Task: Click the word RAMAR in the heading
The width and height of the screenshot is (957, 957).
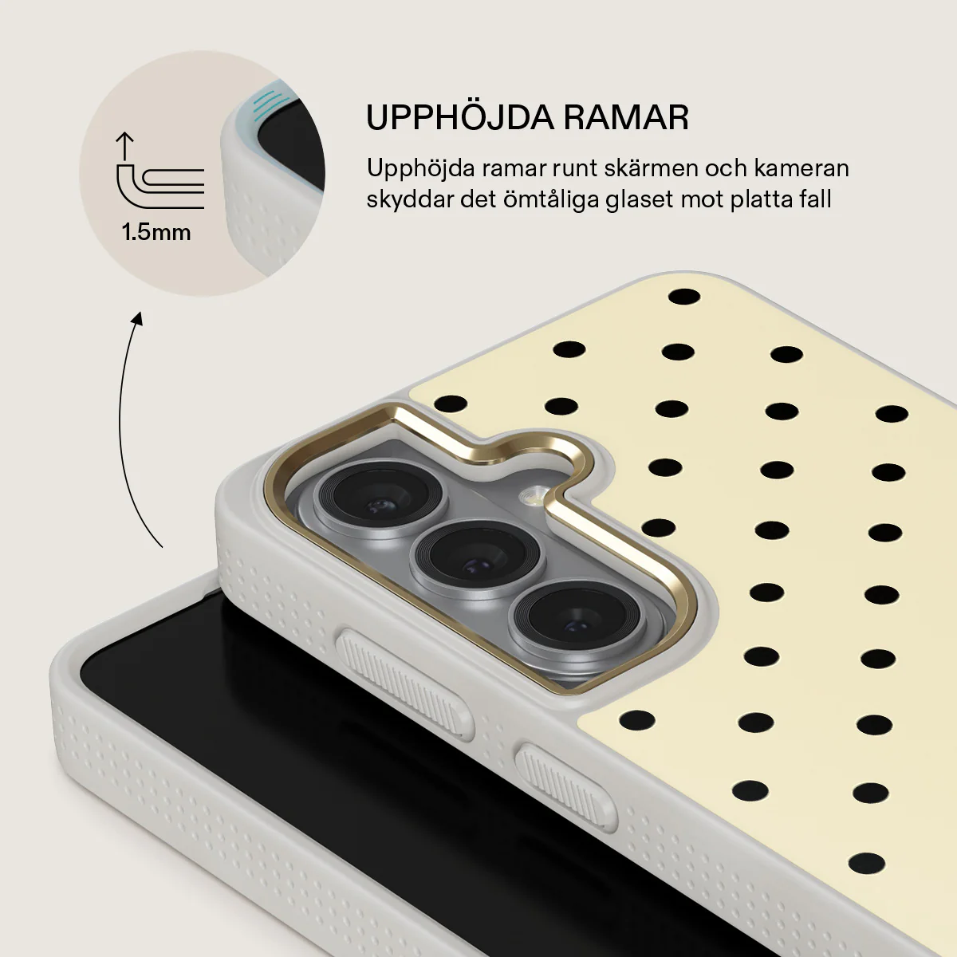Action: (626, 118)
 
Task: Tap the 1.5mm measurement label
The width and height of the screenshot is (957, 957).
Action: (156, 232)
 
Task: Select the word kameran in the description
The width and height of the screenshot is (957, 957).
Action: (801, 168)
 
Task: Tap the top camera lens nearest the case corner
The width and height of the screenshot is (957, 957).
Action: (380, 498)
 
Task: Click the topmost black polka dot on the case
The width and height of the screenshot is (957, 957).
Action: (683, 297)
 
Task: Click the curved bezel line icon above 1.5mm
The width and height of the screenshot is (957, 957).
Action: (160, 187)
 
